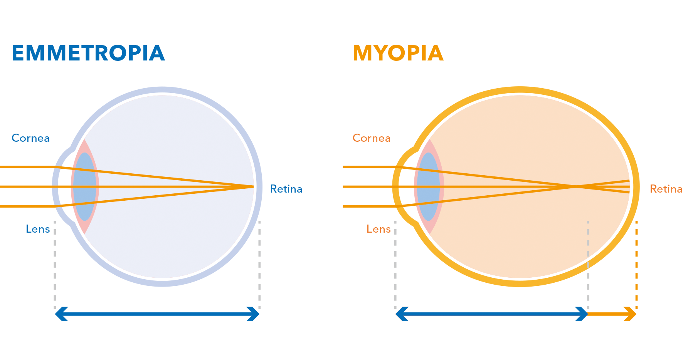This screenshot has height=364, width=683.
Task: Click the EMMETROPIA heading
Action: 88,53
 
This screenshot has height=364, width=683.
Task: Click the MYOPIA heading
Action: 398,53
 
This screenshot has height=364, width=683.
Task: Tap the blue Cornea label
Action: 31,138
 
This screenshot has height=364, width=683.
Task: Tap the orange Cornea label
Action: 372,138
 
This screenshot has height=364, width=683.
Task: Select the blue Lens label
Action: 38,229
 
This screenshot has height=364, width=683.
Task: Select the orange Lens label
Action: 379,229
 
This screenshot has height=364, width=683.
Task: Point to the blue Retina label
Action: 286,189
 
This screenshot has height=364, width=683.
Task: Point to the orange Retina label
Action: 666,189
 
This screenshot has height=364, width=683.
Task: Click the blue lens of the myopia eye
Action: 428,187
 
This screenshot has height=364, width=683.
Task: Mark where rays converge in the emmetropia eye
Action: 252,187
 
